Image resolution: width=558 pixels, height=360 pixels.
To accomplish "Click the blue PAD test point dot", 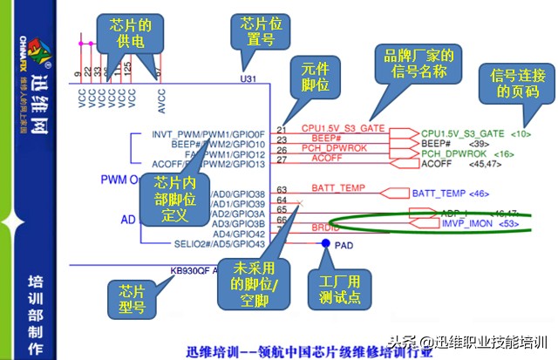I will pos(324,243).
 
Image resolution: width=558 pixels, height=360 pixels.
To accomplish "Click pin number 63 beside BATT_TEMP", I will pos(282,188).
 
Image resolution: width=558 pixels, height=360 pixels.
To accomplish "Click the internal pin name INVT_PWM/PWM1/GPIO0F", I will pos(208,134).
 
